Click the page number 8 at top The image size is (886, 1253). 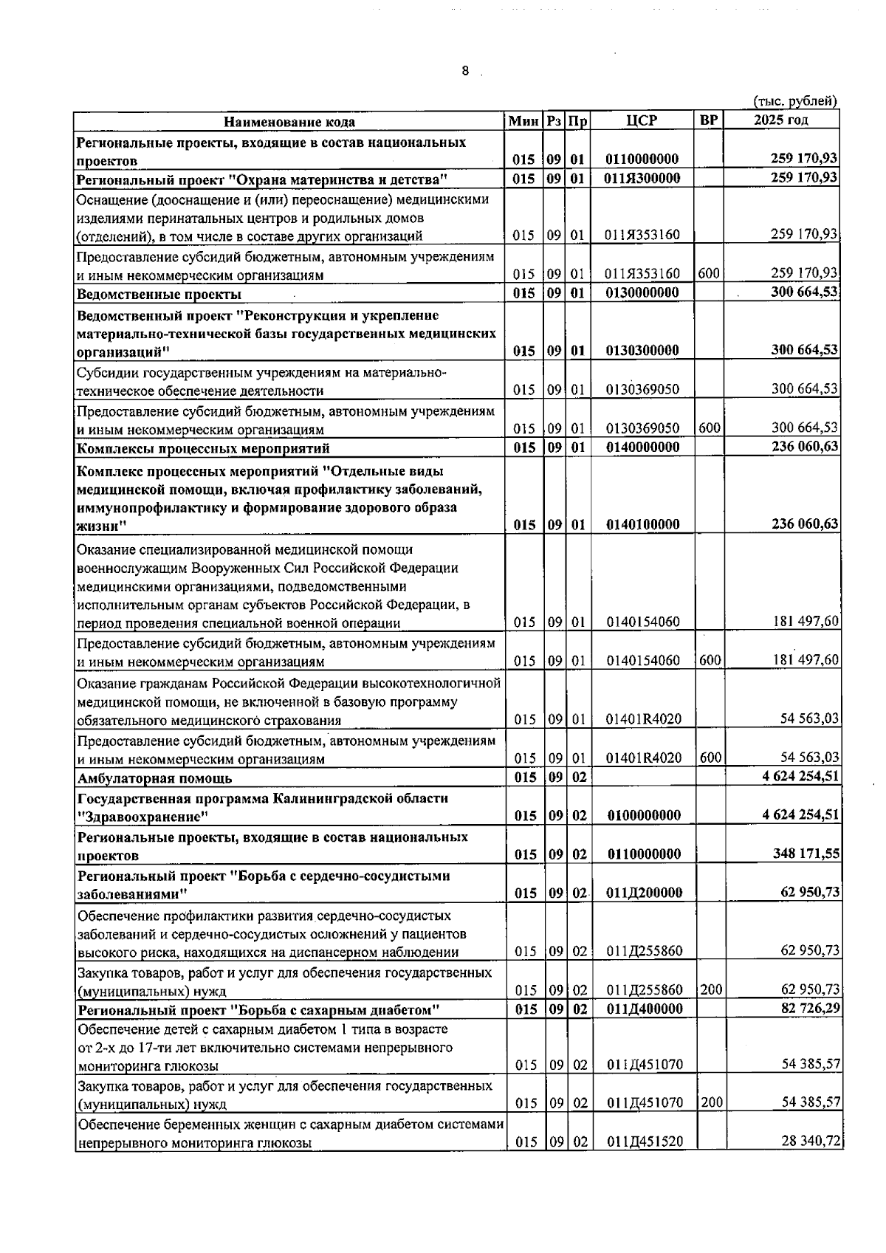coord(464,71)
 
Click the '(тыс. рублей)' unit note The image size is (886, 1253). coord(794,101)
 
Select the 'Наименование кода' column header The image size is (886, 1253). coord(289,122)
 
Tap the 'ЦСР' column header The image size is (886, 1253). coord(641,120)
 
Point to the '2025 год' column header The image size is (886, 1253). coord(780,120)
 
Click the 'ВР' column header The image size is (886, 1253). coord(708,120)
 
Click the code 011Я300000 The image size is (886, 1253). coord(642,178)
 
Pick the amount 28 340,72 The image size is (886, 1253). coord(811,1141)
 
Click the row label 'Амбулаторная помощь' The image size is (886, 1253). coord(155,778)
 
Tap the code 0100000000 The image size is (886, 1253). coord(643,816)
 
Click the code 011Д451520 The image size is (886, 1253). coord(645,1142)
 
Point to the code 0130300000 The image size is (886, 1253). coord(642,351)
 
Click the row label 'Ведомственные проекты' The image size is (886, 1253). coord(159,295)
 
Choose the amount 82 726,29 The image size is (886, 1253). coord(810,1008)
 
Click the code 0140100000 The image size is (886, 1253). coord(642,525)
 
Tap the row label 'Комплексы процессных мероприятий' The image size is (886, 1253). coord(203,448)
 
